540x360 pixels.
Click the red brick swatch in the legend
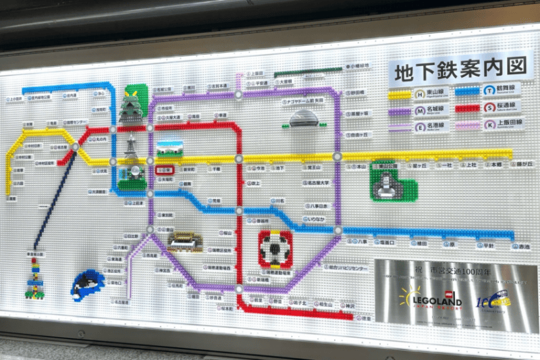(466, 107)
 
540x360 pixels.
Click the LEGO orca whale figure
(88, 282)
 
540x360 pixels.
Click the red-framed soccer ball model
(275, 248)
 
